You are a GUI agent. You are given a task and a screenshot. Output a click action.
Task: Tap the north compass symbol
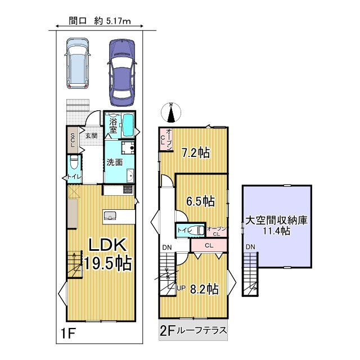coord(173,112)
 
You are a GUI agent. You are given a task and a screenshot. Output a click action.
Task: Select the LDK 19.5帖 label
coord(108,253)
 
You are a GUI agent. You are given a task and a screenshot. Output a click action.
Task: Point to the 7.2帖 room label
coord(196,152)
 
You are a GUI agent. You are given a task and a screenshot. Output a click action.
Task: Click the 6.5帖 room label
coord(200,201)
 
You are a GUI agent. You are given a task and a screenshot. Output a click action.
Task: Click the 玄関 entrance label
coord(91,135)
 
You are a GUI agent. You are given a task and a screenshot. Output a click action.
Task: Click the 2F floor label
coord(166,331)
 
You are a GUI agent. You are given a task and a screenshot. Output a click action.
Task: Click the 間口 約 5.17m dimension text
coord(99,22)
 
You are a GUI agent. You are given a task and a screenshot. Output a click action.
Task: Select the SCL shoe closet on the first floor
coord(73,139)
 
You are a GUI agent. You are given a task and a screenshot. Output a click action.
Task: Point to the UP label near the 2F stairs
coord(181,289)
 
